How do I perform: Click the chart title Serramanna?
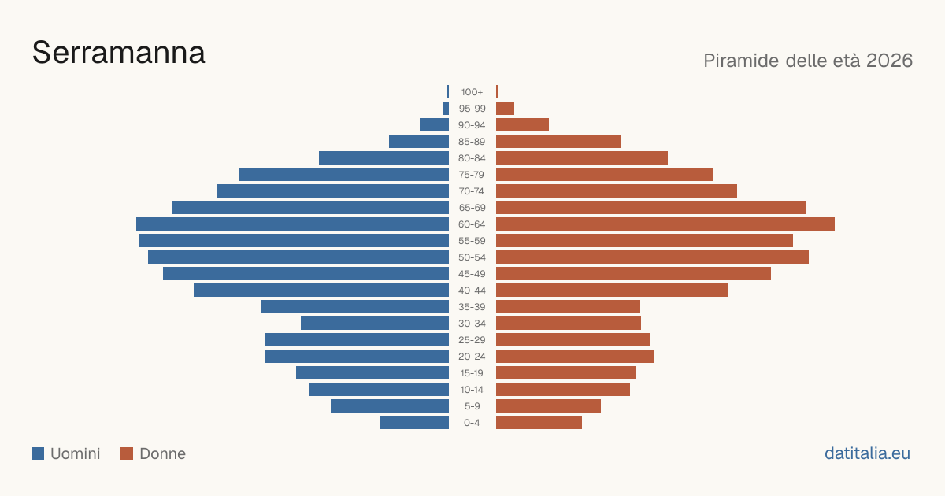tap(119, 53)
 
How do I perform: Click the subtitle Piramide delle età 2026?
tap(808, 61)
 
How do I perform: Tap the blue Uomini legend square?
tap(38, 453)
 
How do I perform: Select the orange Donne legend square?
tap(127, 453)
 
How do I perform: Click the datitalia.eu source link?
tap(867, 453)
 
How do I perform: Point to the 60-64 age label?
tap(472, 224)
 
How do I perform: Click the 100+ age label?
tap(472, 92)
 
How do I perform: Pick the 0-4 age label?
tap(472, 423)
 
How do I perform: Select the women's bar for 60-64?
tap(665, 224)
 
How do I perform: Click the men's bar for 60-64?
tap(292, 224)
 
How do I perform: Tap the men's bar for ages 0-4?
tap(415, 423)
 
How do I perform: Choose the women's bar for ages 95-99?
tap(505, 109)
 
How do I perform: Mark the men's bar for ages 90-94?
tap(434, 125)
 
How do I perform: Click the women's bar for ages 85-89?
tap(558, 141)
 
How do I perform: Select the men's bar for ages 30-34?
tap(375, 324)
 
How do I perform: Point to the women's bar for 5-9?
tap(548, 406)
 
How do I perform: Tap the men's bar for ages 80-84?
tap(384, 157)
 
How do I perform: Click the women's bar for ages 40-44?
tap(612, 291)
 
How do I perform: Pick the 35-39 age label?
tap(472, 307)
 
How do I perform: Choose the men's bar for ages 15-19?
tap(372, 373)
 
